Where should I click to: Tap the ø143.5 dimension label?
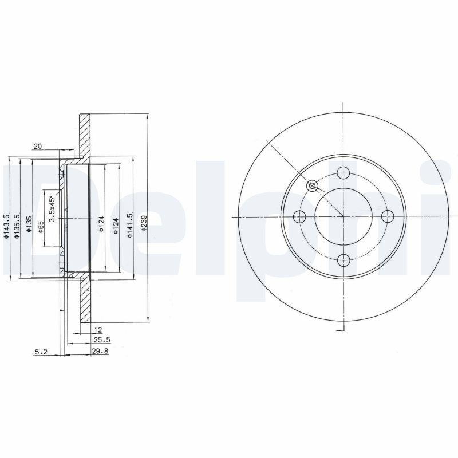[x=6, y=226]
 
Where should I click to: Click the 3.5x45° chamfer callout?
[x=51, y=208]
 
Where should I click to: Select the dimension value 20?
[x=38, y=147]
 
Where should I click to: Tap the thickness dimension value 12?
[x=97, y=330]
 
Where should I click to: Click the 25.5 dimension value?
[x=102, y=339]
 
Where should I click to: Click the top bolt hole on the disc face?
[x=343, y=172]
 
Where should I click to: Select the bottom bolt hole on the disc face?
[x=343, y=260]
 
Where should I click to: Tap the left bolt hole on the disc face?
[x=298, y=216]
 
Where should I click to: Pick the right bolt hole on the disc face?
[x=388, y=216]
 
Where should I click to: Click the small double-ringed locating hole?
[x=312, y=185]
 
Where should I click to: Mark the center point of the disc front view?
[x=343, y=216]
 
